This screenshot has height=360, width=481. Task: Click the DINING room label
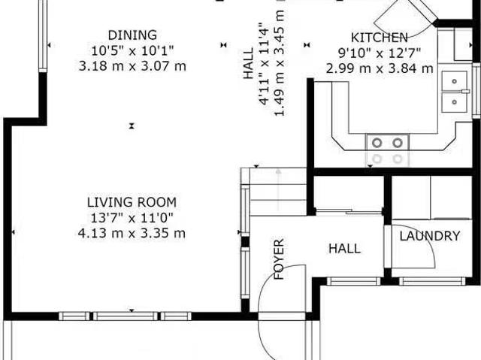click(132, 35)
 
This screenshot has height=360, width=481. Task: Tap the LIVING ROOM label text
click(132, 202)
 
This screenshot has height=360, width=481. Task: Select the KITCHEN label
click(380, 38)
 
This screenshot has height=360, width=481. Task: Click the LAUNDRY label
click(429, 236)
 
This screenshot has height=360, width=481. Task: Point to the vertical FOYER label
click(279, 259)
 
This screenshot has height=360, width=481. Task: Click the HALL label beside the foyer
click(344, 248)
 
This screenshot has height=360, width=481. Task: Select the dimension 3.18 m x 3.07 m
click(132, 66)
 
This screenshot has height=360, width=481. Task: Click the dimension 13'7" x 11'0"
click(132, 218)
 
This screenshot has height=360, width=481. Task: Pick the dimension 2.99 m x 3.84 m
click(380, 68)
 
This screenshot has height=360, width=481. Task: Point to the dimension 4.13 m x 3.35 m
click(132, 233)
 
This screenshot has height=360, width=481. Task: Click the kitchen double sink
click(453, 90)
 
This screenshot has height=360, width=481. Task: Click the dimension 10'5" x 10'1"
click(132, 50)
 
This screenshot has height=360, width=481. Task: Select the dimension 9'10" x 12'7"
click(380, 53)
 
